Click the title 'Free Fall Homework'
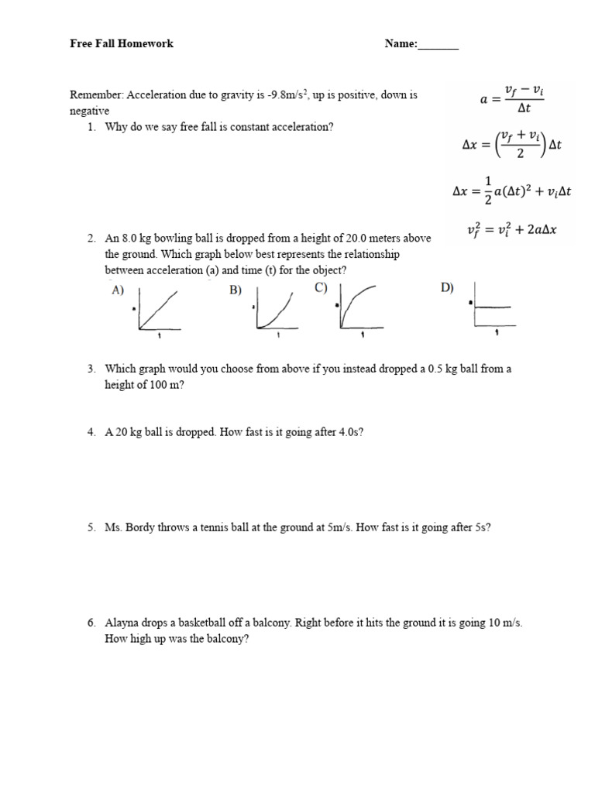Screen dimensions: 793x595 (x=122, y=43)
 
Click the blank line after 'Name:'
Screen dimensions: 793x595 (x=439, y=44)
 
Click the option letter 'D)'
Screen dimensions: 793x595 (x=447, y=288)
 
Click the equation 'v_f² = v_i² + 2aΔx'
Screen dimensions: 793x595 (x=514, y=229)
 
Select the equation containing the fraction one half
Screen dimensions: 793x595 (x=511, y=190)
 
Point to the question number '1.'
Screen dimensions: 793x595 (x=91, y=127)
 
